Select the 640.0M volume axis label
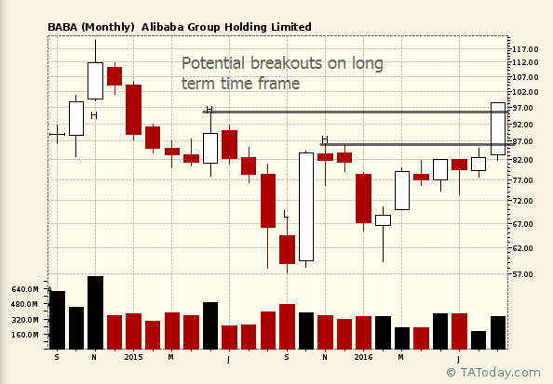pos(25,289)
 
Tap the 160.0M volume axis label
pos(25,335)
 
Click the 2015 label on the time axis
pos(133,357)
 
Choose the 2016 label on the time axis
pos(363,357)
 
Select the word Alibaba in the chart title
pos(163,27)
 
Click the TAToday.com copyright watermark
pos(493,372)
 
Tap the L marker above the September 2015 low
pos(286,214)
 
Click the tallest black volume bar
pos(95,312)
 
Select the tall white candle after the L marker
pos(306,206)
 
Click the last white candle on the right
pos(498,128)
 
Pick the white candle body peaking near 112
pos(95,81)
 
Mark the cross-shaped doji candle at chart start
pos(57,134)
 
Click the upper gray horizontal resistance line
pos(355,112)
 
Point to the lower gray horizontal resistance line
pos(417,144)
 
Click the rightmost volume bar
pos(498,333)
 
